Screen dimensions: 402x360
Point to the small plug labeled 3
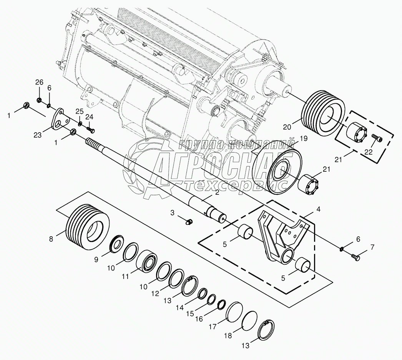(189, 221)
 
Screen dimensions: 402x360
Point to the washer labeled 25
(80, 124)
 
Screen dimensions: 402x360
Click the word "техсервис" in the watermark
(234, 185)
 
